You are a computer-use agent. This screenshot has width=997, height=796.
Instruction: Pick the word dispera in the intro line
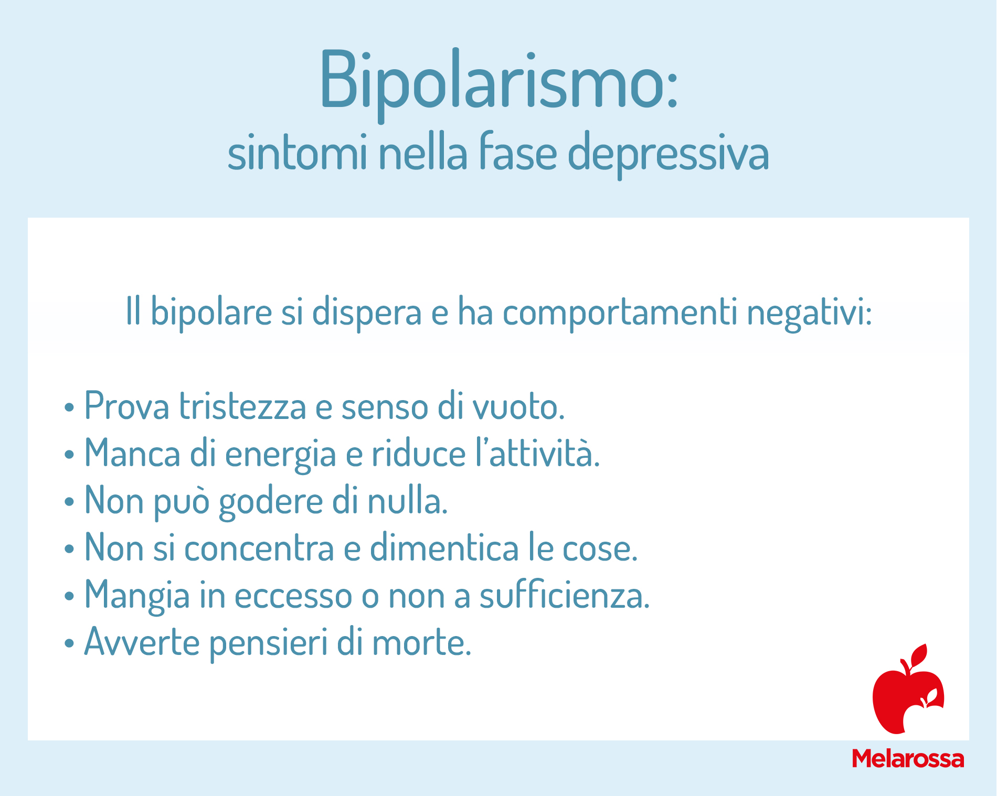pyautogui.click(x=367, y=313)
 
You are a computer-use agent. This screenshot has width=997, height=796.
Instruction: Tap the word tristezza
pyautogui.click(x=242, y=406)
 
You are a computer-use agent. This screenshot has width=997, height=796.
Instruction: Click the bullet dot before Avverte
pyautogui.click(x=69, y=643)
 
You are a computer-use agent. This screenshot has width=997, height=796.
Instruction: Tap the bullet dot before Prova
pyautogui.click(x=69, y=407)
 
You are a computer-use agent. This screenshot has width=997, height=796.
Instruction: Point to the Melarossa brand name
pyautogui.click(x=908, y=759)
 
